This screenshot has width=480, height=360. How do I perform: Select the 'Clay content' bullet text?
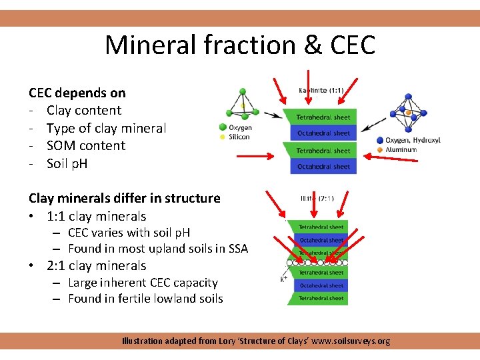pyautogui.click(x=84, y=111)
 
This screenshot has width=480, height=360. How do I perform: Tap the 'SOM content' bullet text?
pyautogui.click(x=86, y=146)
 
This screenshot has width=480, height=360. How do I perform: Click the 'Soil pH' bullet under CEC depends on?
pyautogui.click(x=67, y=163)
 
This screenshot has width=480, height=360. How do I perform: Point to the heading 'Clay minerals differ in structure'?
pyautogui.click(x=124, y=198)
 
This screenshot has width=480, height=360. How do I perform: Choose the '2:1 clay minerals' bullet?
pyautogui.click(x=96, y=265)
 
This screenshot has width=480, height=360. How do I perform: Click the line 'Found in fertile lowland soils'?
pyautogui.click(x=145, y=299)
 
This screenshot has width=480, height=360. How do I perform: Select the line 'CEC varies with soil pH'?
pyautogui.click(x=129, y=233)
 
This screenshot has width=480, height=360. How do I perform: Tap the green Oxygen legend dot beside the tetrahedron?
pyautogui.click(x=222, y=127)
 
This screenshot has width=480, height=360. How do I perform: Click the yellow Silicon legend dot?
pyautogui.click(x=222, y=137)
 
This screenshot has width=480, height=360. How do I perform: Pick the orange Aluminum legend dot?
pyautogui.click(x=379, y=150)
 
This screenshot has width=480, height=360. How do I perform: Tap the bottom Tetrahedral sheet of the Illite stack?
pyautogui.click(x=321, y=298)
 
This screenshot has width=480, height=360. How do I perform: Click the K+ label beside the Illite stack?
pyautogui.click(x=284, y=279)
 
